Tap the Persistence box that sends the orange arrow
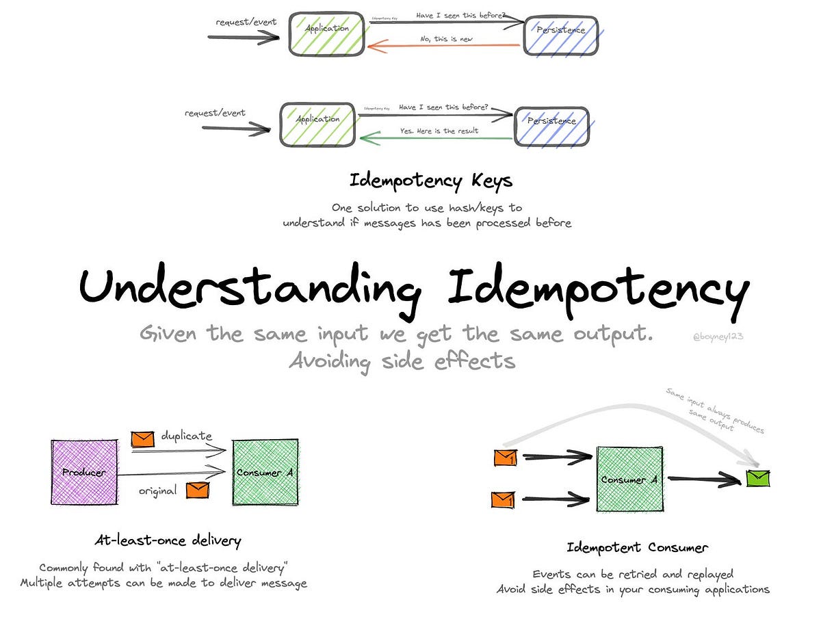click(x=561, y=31)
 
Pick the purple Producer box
click(x=83, y=472)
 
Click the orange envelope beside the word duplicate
click(x=143, y=438)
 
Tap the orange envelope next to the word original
click(x=198, y=490)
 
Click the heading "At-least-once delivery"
click(x=168, y=540)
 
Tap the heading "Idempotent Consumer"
click(x=637, y=547)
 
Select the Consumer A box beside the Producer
click(x=265, y=472)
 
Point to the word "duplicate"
click(x=187, y=436)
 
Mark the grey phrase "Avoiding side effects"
click(x=402, y=360)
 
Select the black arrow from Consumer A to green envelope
click(x=705, y=481)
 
